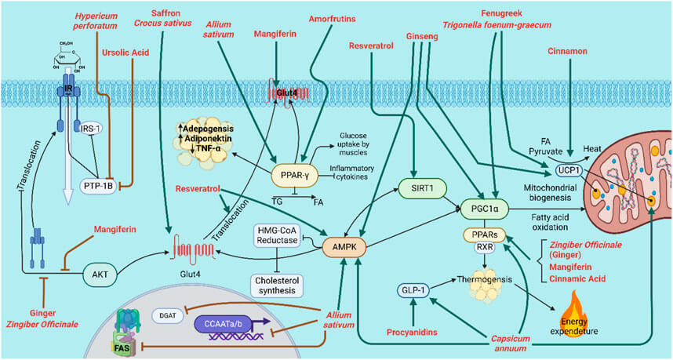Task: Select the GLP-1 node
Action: [x=417, y=290]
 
